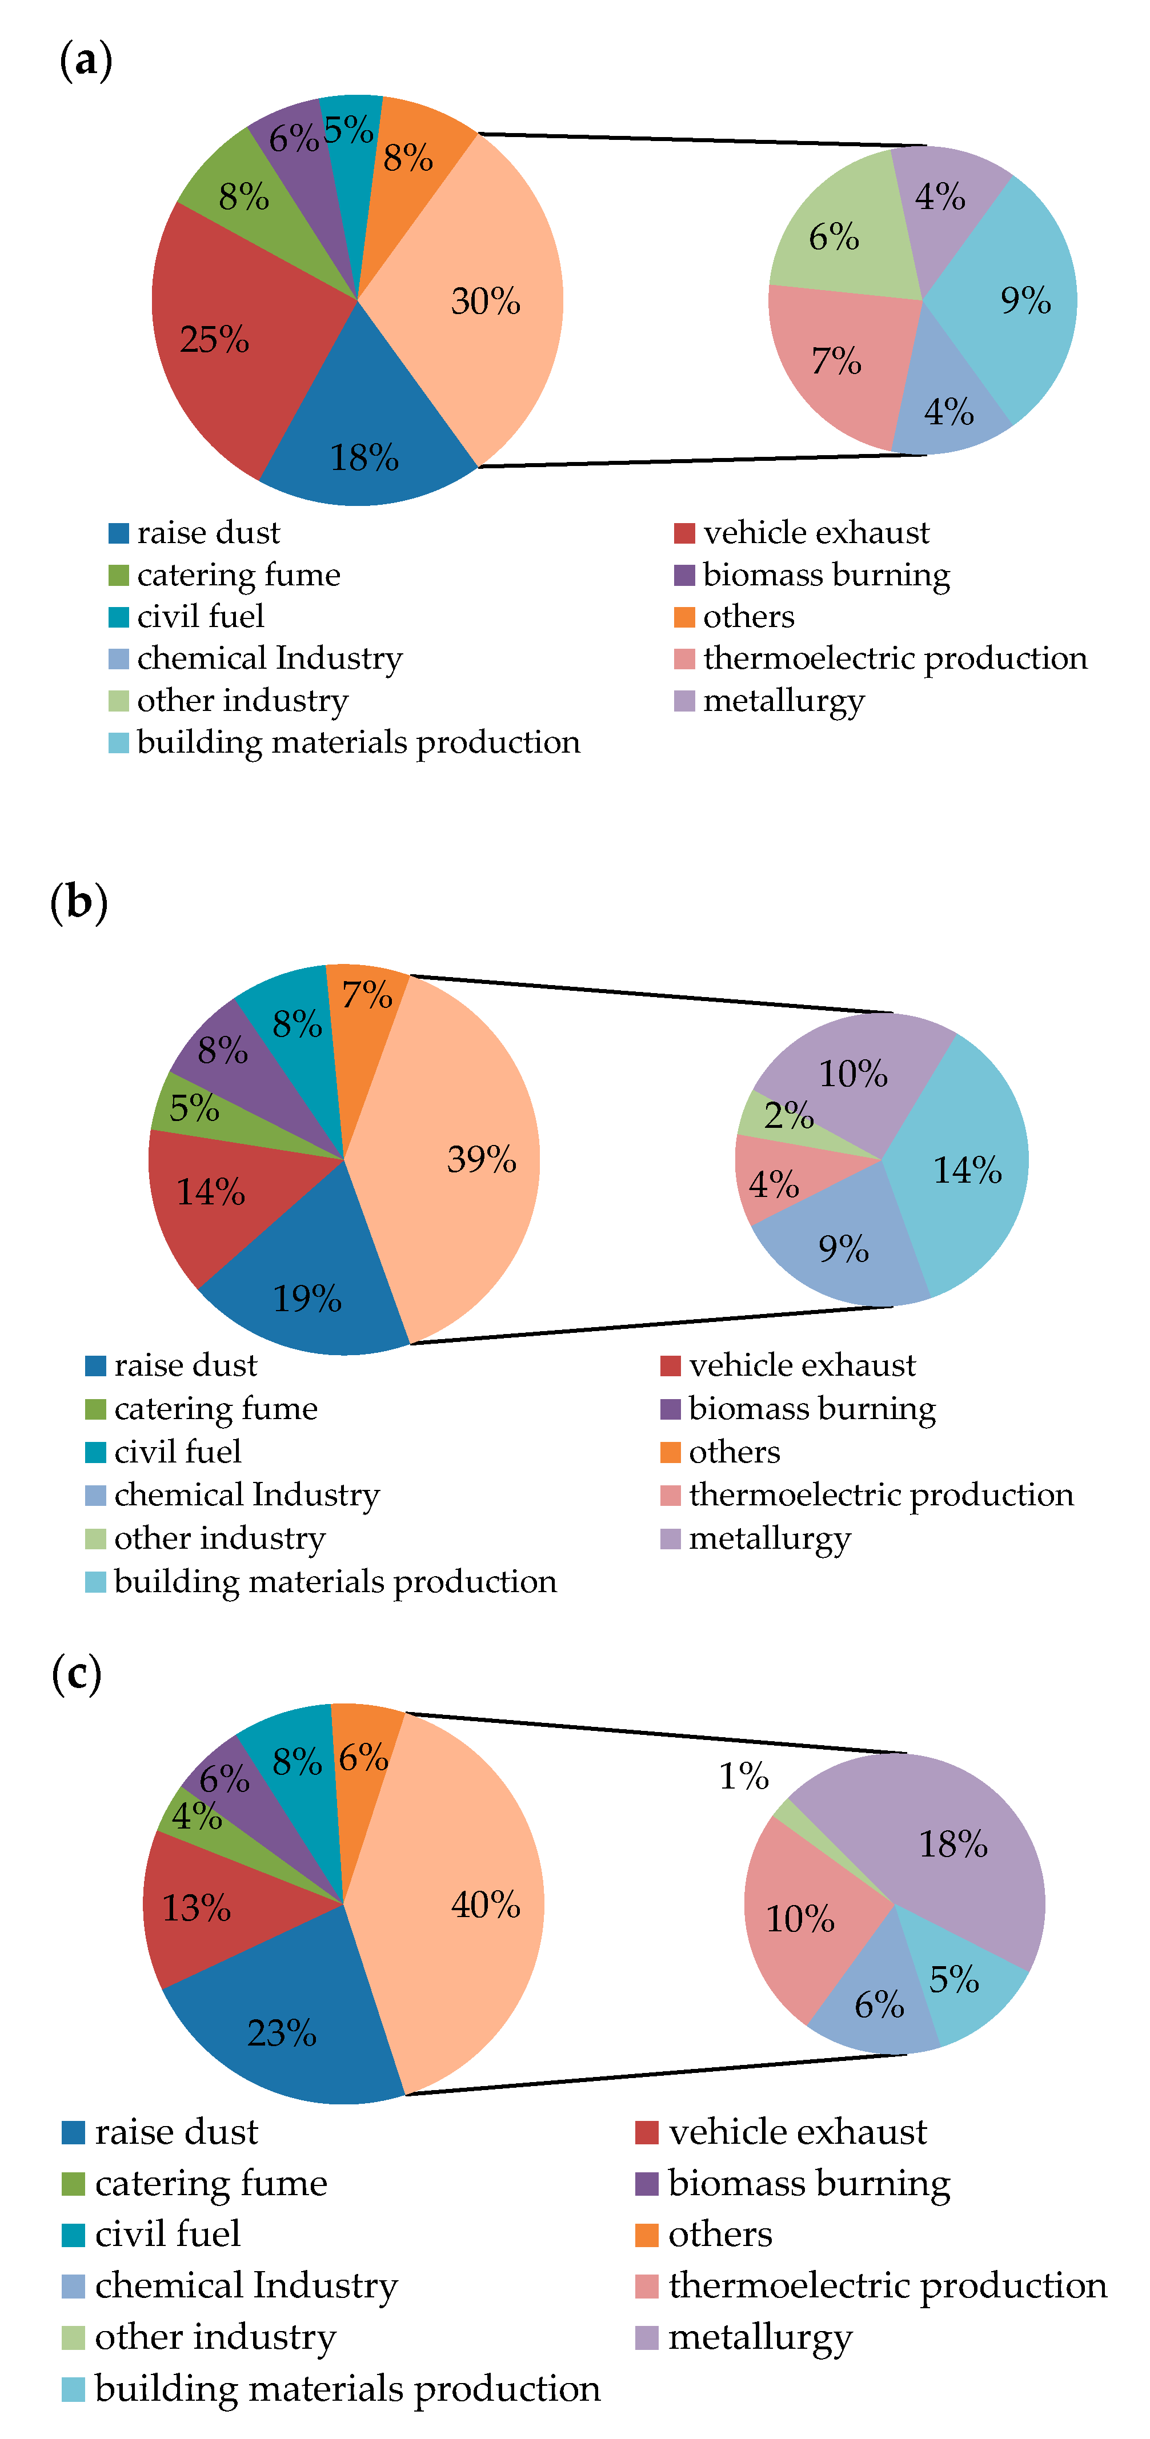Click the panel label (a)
click(85, 61)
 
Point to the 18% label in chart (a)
click(364, 458)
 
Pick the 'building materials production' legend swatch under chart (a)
click(118, 742)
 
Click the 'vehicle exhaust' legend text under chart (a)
click(816, 533)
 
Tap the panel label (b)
click(79, 901)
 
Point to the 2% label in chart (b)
click(788, 1115)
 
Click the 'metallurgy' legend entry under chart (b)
click(769, 1538)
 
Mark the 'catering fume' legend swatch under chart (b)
click(95, 1409)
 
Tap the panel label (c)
click(76, 1674)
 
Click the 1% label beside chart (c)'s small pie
click(744, 1776)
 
